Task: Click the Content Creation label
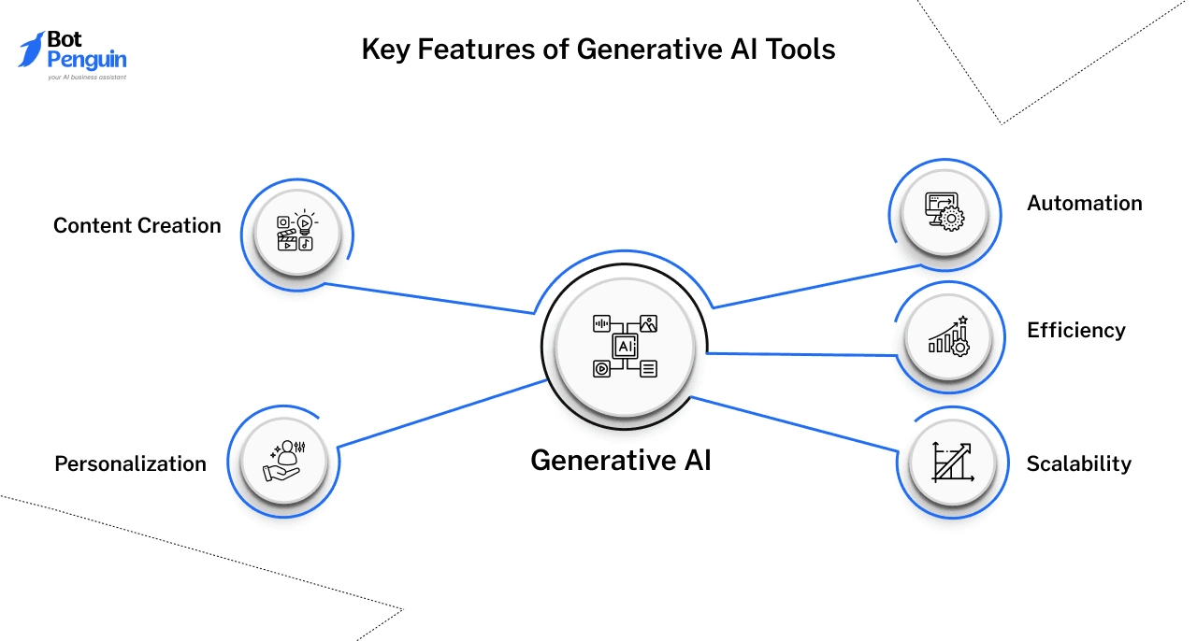coord(137,225)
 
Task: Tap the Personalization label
coord(130,463)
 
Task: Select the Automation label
coord(1084,203)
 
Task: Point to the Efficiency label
coord(1075,330)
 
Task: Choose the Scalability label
coord(1078,463)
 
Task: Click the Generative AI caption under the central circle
coord(620,460)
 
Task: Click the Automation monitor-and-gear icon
coord(944,211)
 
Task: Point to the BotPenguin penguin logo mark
coord(33,49)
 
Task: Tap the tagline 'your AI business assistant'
coord(86,78)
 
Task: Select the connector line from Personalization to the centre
coord(440,412)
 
